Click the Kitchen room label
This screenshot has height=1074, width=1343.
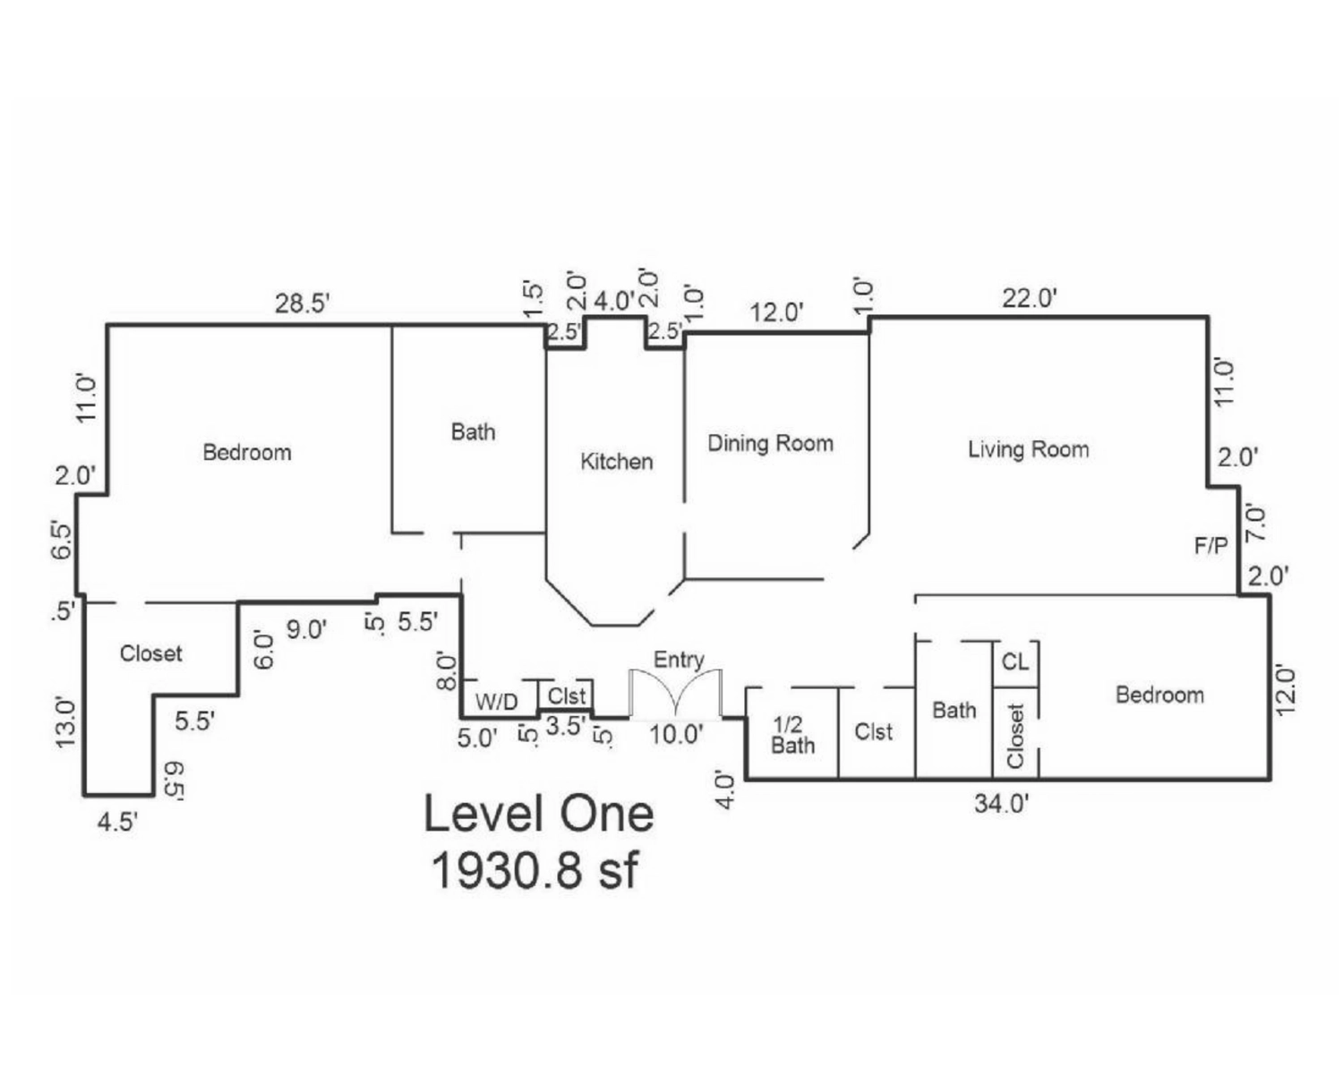(616, 462)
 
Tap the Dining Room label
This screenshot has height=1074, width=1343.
(770, 443)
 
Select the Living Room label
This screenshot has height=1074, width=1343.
(1028, 448)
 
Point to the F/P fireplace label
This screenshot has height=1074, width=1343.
(1210, 545)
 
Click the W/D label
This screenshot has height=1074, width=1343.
(496, 702)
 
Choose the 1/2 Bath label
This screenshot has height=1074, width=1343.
(792, 735)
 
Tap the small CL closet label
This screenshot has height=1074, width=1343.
(1014, 662)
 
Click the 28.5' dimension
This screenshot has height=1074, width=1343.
(303, 303)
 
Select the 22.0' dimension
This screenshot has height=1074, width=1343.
(1030, 298)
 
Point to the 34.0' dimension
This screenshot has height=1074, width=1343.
(1002, 803)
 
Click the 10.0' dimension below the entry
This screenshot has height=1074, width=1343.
(676, 735)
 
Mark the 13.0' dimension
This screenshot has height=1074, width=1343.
(67, 722)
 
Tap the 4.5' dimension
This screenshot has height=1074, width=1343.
(117, 822)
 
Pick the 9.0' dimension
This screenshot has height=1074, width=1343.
(306, 629)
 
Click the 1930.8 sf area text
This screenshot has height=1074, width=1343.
(535, 869)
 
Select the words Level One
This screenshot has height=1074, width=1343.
(538, 814)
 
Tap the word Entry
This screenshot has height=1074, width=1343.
(679, 660)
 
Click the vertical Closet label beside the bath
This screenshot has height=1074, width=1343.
(1015, 736)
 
